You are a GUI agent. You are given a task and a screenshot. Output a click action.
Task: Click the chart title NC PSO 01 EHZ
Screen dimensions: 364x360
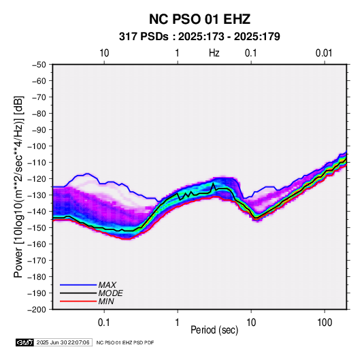coord(199,19)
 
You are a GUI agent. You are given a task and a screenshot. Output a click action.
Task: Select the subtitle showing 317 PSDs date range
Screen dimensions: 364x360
coord(199,37)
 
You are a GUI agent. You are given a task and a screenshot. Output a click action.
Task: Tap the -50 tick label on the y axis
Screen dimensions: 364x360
coord(39,65)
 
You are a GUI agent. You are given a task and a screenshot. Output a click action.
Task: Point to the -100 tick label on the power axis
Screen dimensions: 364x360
coord(37,146)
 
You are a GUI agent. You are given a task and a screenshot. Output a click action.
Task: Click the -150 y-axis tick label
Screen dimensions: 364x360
coord(37,228)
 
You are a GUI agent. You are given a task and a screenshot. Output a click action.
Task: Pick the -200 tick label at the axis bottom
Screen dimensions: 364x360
coord(37,310)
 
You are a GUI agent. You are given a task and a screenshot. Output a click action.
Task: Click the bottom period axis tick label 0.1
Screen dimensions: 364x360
coord(104,323)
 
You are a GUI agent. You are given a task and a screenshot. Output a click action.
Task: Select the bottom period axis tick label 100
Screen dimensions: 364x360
coord(325,323)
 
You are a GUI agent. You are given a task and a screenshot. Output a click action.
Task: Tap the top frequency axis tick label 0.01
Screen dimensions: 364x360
coord(324,53)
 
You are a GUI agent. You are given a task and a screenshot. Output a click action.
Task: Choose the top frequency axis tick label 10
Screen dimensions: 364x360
coord(104,53)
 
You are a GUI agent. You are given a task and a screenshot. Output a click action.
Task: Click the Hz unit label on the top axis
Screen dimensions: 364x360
coord(214,53)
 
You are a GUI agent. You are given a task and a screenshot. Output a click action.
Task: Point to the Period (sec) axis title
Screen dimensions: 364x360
coord(214,330)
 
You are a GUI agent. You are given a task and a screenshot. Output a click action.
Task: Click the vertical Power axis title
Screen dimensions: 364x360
coord(18,186)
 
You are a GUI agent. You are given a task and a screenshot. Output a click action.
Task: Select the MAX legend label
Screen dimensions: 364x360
coord(107,285)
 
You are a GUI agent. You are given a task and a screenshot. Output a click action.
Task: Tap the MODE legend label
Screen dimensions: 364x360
coord(110,293)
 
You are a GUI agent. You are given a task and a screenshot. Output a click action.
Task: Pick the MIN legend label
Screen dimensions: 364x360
coord(106,301)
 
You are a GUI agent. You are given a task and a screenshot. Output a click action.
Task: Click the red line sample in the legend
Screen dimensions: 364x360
coord(78,301)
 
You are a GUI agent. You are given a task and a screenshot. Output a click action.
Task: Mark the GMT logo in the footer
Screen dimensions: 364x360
coord(24,342)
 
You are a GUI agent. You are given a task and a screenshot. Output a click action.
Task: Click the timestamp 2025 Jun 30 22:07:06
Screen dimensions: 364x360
coord(63,342)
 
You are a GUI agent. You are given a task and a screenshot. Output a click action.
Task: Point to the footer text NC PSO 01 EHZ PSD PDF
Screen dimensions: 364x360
coord(125,342)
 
